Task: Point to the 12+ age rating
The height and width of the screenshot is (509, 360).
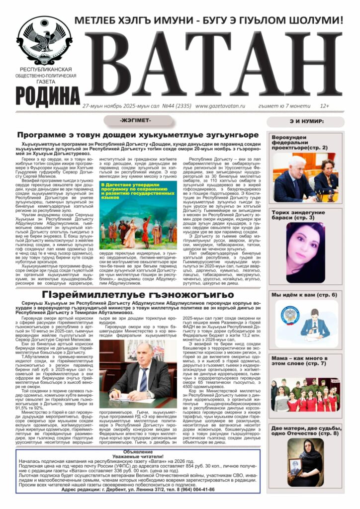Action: pyautogui.click(x=324, y=106)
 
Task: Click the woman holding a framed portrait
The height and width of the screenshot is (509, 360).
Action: pyautogui.click(x=305, y=462)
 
